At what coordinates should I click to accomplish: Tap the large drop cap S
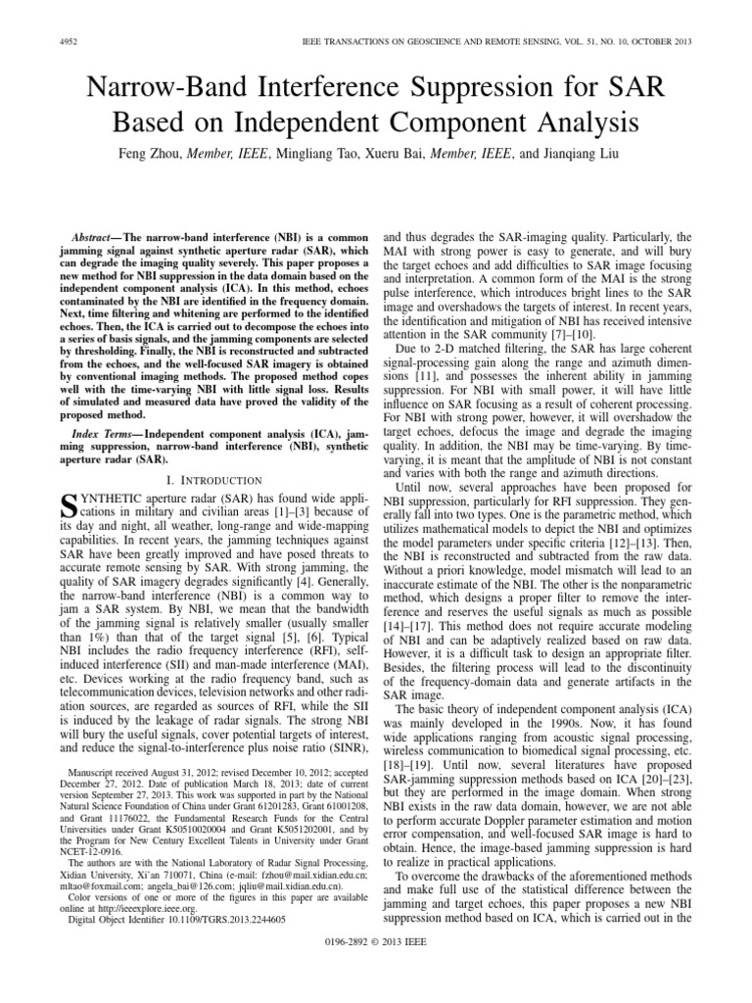pyautogui.click(x=69, y=506)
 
